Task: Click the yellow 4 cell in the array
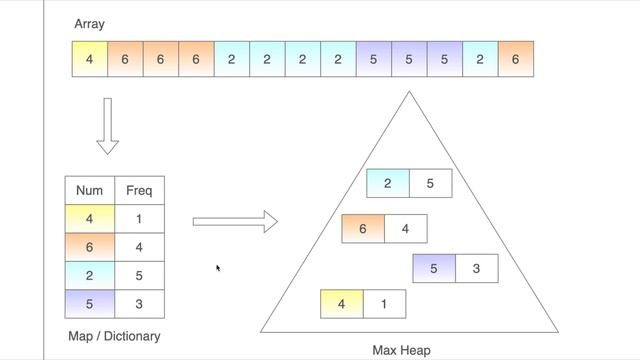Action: (89, 59)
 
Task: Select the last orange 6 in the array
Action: (515, 59)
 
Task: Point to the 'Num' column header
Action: (90, 190)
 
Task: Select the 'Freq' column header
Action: (139, 190)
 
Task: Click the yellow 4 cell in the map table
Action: (90, 218)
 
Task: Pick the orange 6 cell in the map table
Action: (90, 247)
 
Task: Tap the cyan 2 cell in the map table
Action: (90, 275)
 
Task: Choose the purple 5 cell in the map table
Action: (90, 303)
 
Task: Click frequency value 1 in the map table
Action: (139, 218)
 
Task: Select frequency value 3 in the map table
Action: (139, 303)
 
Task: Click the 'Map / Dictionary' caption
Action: (114, 336)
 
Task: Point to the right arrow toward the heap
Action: (235, 221)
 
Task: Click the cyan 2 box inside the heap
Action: (388, 184)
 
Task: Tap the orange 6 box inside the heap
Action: (363, 229)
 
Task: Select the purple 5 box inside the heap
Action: (434, 269)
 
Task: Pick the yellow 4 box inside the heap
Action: (342, 303)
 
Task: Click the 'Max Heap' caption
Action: (401, 350)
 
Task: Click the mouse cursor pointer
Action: (218, 268)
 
